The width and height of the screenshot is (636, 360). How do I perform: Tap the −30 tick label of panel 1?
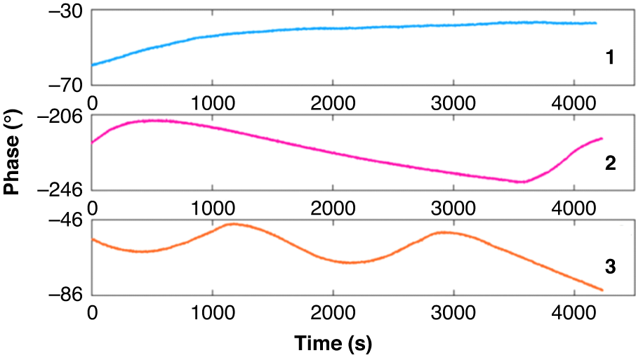67,12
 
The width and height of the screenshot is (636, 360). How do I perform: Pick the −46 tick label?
67,221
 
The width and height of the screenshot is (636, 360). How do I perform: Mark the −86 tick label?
67,294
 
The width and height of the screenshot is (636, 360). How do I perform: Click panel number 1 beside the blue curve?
610,58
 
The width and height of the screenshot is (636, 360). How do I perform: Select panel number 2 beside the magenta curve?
610,164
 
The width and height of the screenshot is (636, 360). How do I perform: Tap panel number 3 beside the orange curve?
610,267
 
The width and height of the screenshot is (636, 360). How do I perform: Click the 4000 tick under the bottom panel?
574,312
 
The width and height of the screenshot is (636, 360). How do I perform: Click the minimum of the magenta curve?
522,182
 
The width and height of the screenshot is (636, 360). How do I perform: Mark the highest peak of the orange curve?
232,224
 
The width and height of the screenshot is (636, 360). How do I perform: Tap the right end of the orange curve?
602,290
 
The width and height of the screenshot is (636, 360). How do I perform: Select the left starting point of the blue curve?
93,65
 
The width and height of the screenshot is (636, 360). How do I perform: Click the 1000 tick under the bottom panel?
213,312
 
